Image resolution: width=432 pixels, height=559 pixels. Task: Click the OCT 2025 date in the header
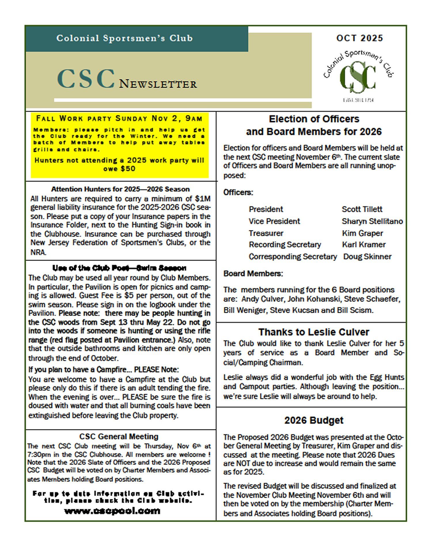[x=359, y=38]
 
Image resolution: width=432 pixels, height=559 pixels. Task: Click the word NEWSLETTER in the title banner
[x=158, y=84]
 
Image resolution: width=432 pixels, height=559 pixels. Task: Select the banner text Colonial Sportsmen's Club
[x=124, y=38]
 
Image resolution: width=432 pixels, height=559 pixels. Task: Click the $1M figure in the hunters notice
[x=203, y=199]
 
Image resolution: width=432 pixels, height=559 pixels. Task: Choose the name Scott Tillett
[x=362, y=209]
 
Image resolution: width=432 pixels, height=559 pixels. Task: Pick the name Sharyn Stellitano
[x=372, y=221]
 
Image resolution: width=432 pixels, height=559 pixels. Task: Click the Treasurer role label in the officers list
[x=266, y=233]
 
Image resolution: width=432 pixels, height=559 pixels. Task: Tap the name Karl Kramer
[x=364, y=245]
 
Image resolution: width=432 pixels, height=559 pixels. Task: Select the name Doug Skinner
[x=367, y=256]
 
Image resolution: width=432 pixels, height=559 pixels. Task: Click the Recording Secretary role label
[x=285, y=245]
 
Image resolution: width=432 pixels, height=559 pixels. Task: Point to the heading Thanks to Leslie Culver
[x=314, y=332]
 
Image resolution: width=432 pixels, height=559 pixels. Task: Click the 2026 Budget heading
[x=314, y=420]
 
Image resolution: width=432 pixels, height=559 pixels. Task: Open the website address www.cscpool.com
[x=112, y=511]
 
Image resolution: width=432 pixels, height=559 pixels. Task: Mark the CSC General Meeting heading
[x=119, y=437]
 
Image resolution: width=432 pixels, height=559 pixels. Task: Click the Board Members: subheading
[x=253, y=273]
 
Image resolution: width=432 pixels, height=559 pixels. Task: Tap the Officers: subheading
[x=238, y=192]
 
